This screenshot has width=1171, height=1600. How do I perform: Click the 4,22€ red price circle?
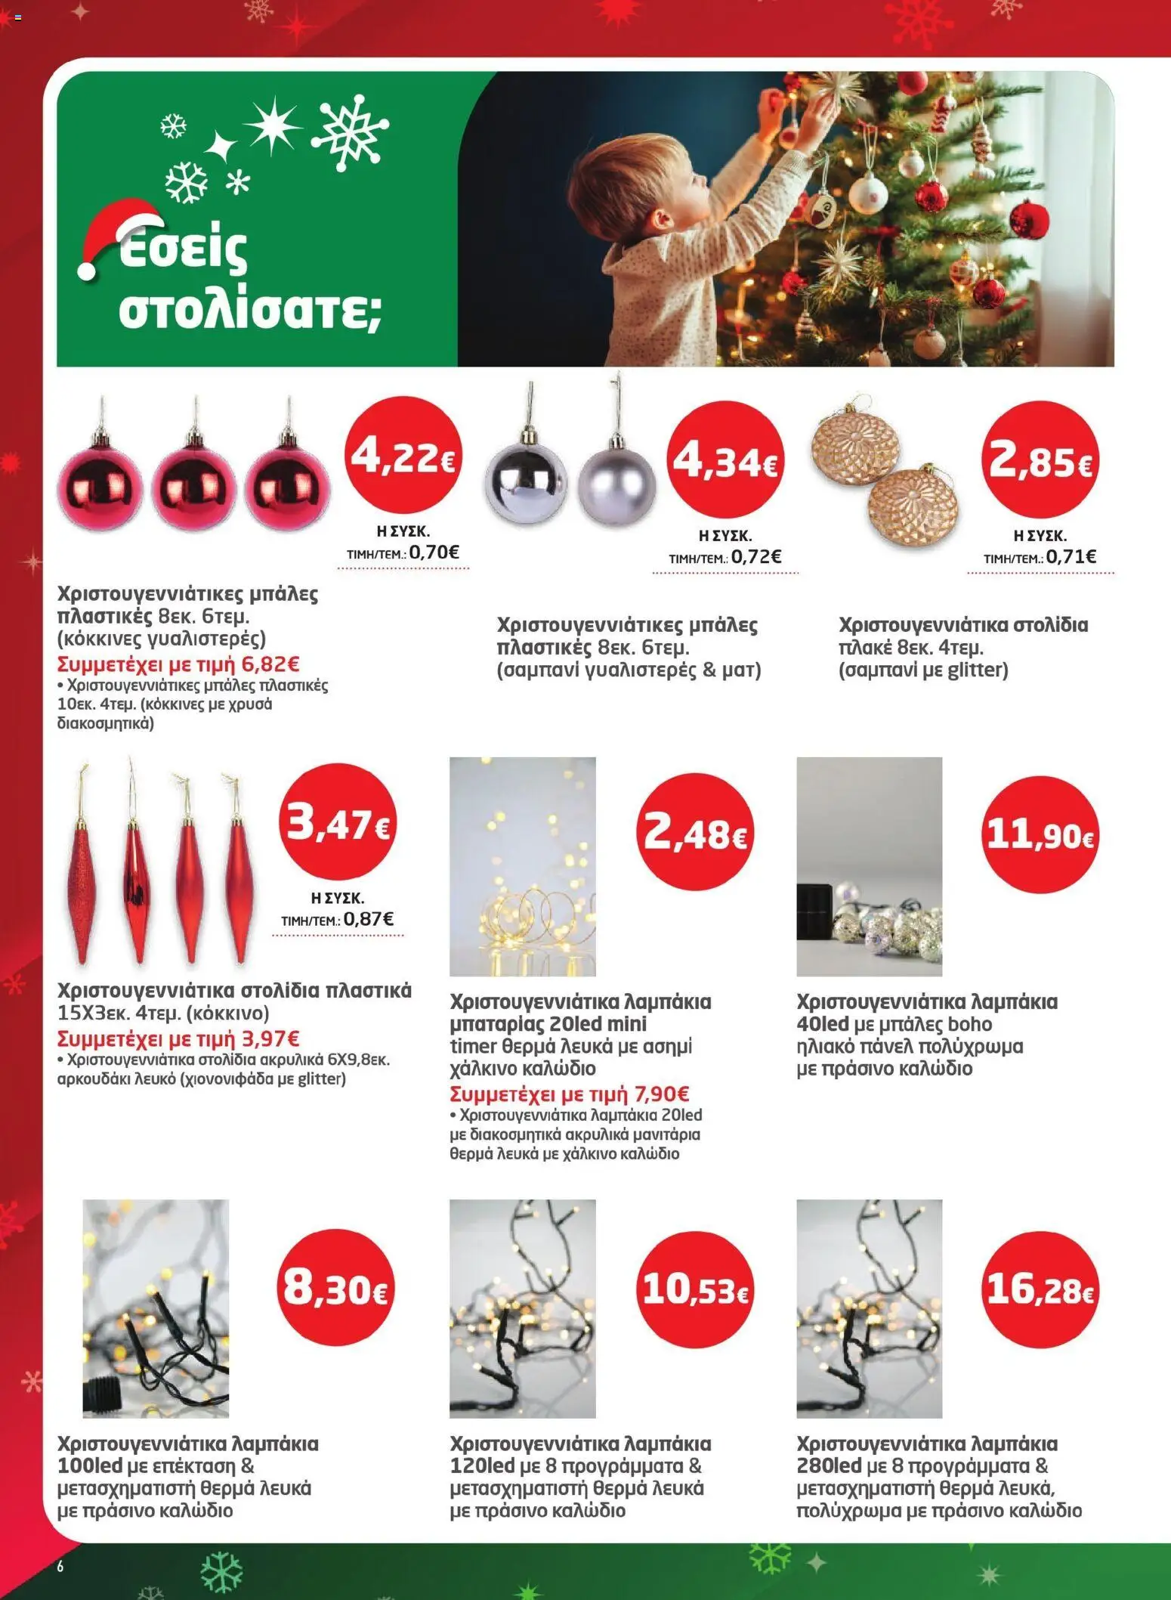point(403,457)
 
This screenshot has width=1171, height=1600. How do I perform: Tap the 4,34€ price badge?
point(725,460)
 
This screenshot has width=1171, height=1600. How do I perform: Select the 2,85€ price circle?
point(1040,460)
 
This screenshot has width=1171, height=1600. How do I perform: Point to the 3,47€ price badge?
point(338,823)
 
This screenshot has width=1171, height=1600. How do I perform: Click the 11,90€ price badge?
point(1040,835)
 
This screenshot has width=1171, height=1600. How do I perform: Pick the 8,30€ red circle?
point(338,1287)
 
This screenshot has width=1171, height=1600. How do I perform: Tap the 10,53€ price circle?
point(694,1289)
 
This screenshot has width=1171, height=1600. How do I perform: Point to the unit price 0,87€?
point(369,919)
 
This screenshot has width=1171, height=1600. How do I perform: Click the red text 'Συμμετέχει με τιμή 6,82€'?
point(179,664)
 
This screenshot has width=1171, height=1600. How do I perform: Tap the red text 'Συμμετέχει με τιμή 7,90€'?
point(570,1094)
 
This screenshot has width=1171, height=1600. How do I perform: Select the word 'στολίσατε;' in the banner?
point(249,311)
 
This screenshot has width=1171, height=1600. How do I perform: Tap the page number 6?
point(60,1565)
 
